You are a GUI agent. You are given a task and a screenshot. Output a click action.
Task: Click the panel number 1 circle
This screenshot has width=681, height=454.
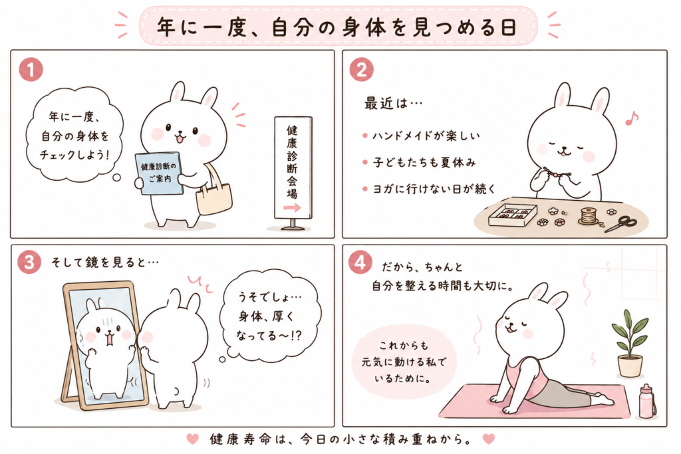tap(31, 69)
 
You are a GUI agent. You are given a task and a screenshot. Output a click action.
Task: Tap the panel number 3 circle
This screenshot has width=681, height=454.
tap(29, 261)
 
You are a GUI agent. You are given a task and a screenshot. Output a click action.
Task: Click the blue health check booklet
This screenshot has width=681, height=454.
tap(158, 173)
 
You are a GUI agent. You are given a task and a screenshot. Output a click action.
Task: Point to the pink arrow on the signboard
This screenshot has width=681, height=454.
tap(292, 208)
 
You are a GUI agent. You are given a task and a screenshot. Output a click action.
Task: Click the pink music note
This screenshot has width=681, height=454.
tap(632, 118)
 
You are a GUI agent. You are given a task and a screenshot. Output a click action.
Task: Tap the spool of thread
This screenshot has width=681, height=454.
tap(589, 216)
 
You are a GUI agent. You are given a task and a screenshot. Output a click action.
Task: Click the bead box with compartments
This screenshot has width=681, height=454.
tap(512, 215)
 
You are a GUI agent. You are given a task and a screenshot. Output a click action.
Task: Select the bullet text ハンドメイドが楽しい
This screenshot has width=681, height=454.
tap(426, 136)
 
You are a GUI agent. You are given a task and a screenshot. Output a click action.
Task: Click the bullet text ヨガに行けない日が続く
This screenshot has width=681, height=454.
tap(434, 189)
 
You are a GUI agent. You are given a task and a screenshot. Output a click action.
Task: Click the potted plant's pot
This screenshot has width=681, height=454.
tap(629, 366)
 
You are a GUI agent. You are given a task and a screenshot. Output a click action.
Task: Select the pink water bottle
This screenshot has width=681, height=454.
tap(646, 401)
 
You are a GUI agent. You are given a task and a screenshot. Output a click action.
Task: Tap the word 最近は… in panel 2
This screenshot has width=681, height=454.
tap(393, 103)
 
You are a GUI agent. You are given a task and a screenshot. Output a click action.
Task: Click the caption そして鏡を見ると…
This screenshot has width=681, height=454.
tap(105, 262)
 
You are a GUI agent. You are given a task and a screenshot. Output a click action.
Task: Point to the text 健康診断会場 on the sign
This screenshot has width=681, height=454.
tap(292, 162)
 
